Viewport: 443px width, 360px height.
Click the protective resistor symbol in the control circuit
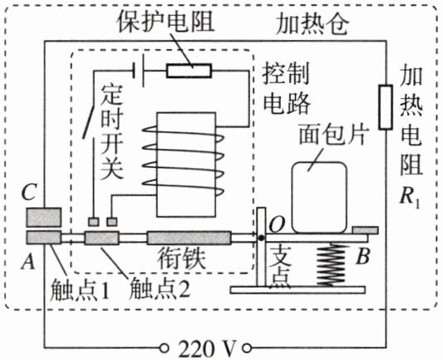tap(189, 71)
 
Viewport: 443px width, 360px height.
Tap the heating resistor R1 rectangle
tap(386, 107)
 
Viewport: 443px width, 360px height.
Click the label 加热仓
tap(313, 24)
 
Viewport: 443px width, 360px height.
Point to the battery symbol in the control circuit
tap(139, 71)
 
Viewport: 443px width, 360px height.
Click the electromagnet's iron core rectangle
tap(186, 165)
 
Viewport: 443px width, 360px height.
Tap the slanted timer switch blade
tap(88, 119)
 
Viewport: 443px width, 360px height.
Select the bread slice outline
tap(319, 198)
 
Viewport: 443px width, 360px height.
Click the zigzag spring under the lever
tap(331, 264)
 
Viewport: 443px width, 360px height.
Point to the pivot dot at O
tap(262, 239)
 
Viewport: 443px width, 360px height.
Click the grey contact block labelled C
tap(44, 217)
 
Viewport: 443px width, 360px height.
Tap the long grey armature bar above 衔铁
tap(189, 238)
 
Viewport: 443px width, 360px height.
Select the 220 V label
tap(207, 349)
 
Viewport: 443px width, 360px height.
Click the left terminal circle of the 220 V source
tap(164, 348)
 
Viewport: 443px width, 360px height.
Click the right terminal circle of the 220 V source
tap(247, 348)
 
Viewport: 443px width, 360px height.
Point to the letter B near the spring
tap(362, 256)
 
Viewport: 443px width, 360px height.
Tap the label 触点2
tap(160, 288)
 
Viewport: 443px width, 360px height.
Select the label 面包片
tap(333, 135)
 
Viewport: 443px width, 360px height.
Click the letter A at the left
tap(28, 261)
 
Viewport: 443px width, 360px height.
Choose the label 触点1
tap(80, 289)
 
